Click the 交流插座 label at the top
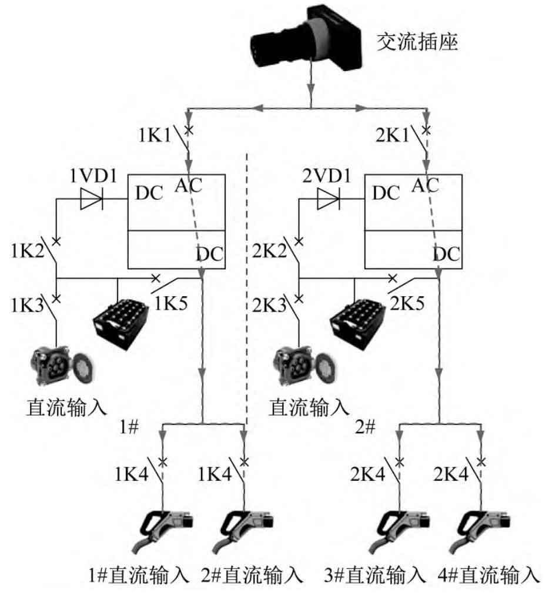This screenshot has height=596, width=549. [417, 42]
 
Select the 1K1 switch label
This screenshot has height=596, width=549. [155, 135]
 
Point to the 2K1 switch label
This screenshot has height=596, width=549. [393, 135]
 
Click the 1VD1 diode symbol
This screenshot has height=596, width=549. [92, 199]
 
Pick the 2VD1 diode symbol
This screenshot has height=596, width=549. [329, 199]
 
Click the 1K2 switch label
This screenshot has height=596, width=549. [28, 251]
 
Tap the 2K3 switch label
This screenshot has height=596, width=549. [269, 305]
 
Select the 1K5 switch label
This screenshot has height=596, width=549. [170, 303]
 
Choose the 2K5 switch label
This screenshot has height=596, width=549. [407, 303]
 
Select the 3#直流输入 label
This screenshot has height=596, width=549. [375, 575]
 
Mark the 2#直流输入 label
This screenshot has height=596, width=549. [252, 575]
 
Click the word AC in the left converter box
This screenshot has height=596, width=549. [189, 185]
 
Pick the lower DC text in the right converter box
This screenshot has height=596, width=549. [447, 254]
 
